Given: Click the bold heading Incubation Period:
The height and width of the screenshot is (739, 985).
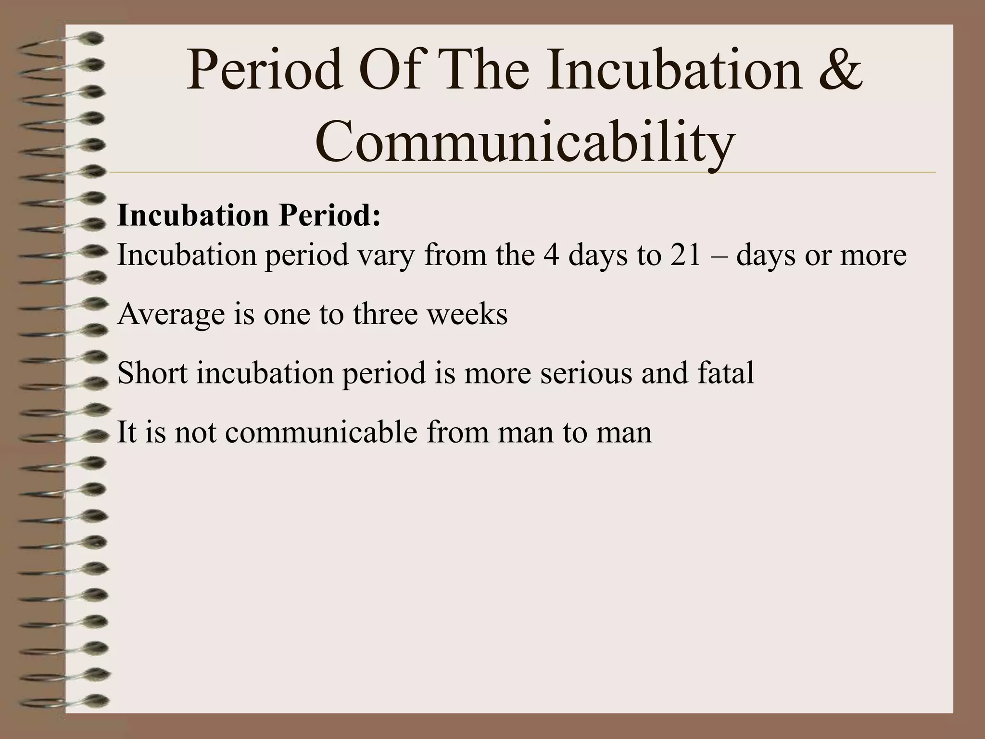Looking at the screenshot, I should (x=249, y=216).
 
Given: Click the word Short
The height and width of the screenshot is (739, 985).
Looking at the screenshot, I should (x=152, y=373).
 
